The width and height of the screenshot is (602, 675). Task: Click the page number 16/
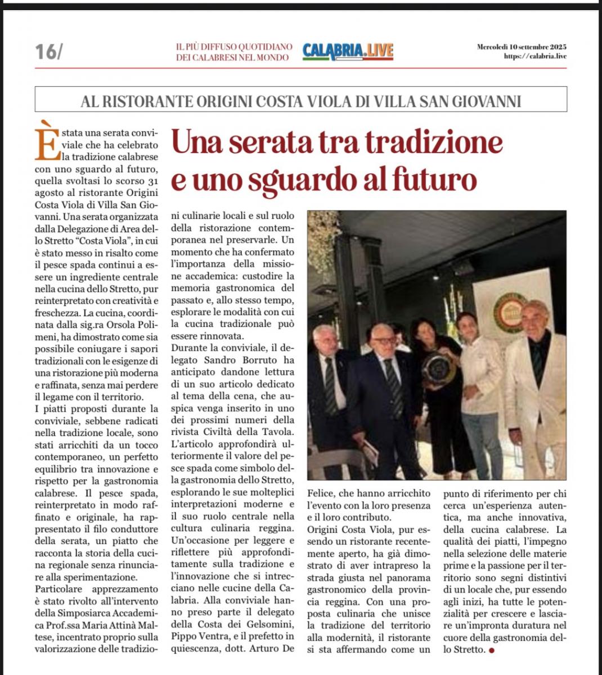(49, 52)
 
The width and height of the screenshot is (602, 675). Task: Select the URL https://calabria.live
(535, 56)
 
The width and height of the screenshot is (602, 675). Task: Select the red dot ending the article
(492, 650)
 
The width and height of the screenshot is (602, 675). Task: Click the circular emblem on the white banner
(509, 313)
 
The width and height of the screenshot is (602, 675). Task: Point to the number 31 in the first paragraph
(149, 181)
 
